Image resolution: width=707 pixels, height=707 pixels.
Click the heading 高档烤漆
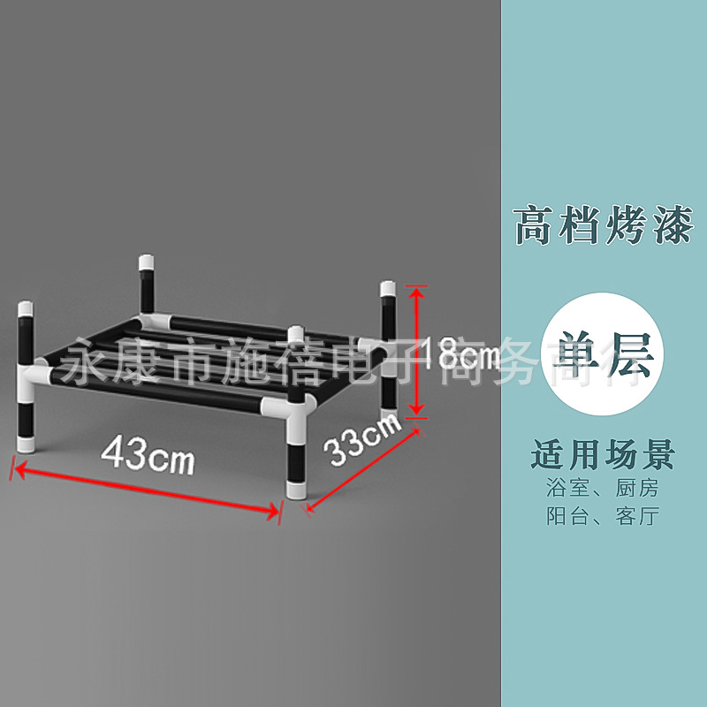pos(603,225)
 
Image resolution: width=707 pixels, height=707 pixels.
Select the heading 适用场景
pos(603,456)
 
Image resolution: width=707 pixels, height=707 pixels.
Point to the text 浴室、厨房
pos(603,488)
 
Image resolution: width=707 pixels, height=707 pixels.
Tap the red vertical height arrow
pos(417,351)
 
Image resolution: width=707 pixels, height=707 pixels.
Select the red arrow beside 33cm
pos(362,468)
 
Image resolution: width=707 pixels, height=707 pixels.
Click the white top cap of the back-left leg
pos(146,262)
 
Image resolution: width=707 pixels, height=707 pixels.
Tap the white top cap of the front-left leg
pos(27,310)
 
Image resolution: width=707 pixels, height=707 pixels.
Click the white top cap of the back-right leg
pos(388,289)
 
